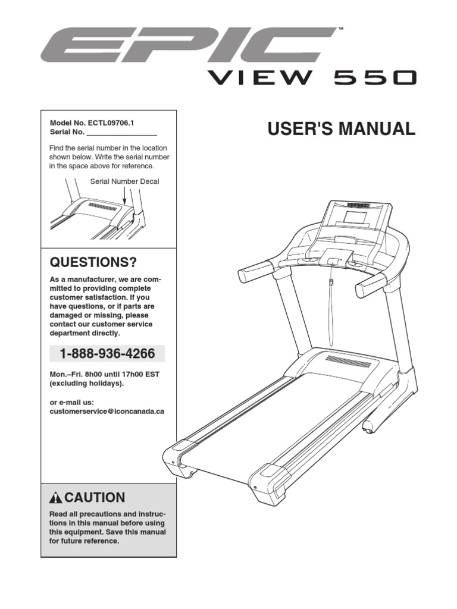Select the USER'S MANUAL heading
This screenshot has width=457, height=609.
coord(341,129)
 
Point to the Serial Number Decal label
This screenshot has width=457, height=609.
coord(124,181)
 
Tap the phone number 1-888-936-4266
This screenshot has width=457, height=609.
coord(107,354)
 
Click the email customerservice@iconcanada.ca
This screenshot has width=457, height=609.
coord(107,412)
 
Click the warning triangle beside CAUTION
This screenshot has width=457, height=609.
coord(56,498)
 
